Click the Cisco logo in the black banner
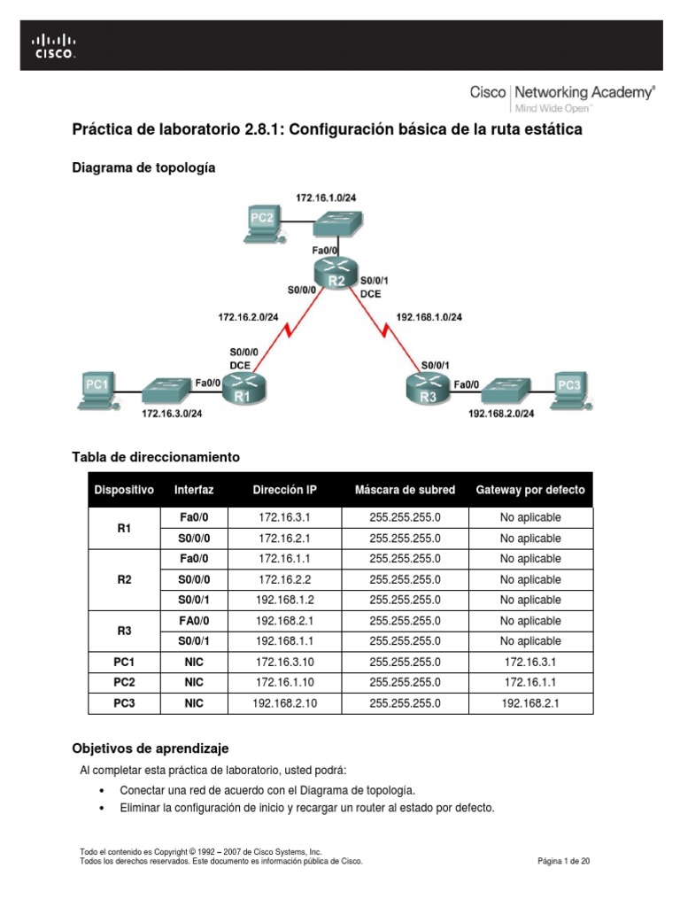(54, 45)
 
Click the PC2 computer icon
(263, 221)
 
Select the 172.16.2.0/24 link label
(249, 316)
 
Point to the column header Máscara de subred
(405, 490)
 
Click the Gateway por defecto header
(530, 490)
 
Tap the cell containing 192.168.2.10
(284, 703)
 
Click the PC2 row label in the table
(124, 682)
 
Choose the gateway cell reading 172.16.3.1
(530, 662)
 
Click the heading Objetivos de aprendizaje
(150, 748)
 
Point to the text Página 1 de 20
(564, 860)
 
